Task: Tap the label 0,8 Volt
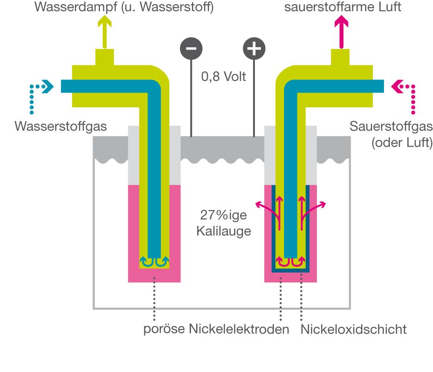point(223,76)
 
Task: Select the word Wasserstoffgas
point(61,125)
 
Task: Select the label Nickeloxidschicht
point(353,329)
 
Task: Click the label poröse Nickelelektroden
point(216,329)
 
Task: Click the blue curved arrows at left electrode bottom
point(154,262)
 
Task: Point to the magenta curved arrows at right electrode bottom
point(291,262)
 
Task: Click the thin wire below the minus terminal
point(191,97)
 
